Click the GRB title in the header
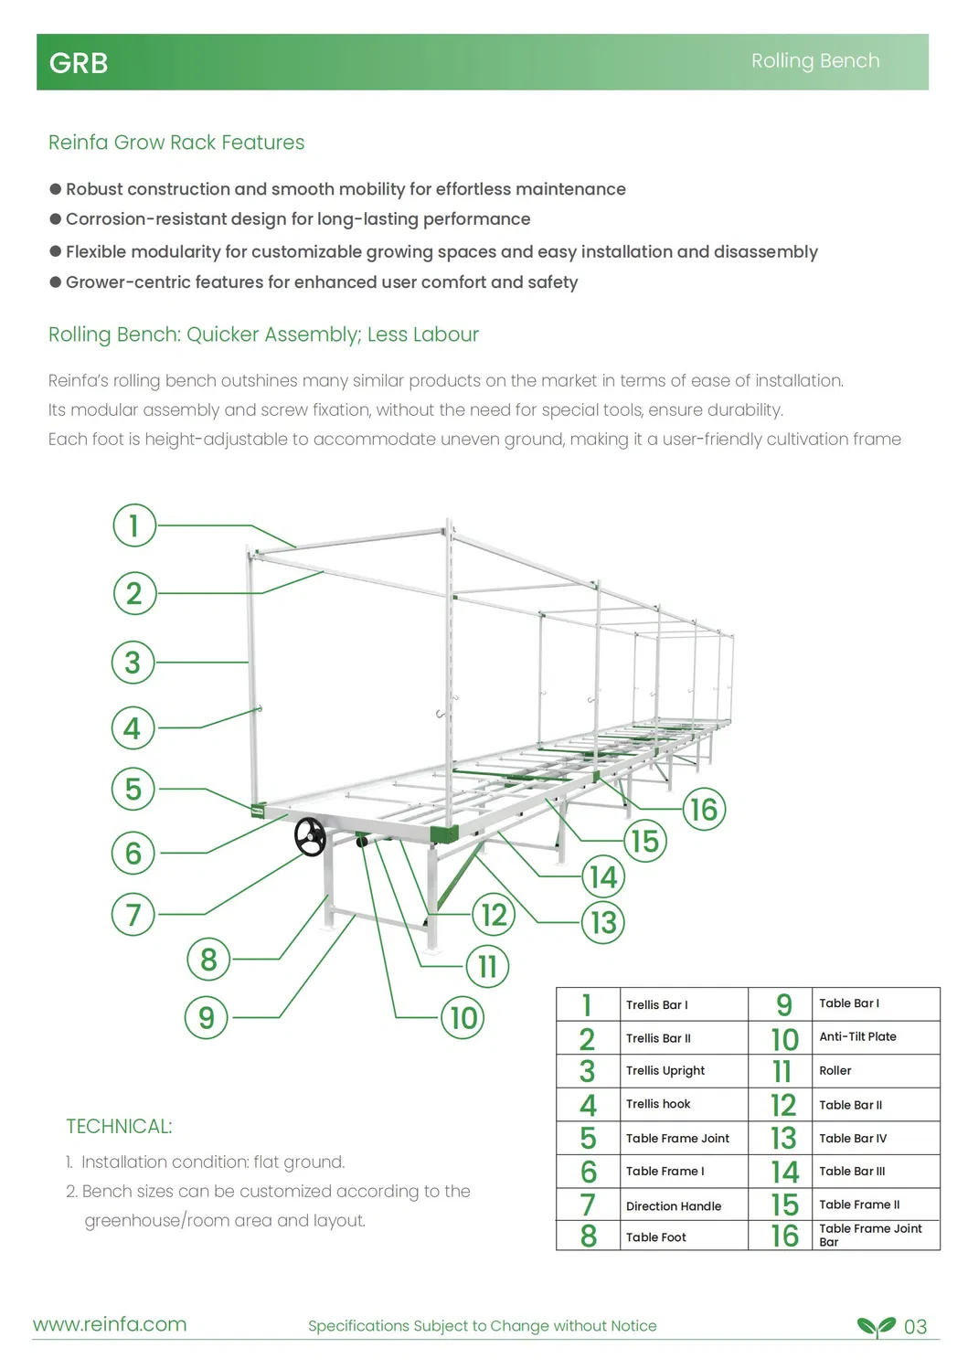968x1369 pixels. pyautogui.click(x=79, y=63)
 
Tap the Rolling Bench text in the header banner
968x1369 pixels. pyautogui.click(x=814, y=60)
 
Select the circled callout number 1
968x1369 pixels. pyautogui.click(x=134, y=525)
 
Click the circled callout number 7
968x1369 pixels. pyautogui.click(x=133, y=914)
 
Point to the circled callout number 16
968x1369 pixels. pyautogui.click(x=704, y=810)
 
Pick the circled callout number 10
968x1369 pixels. pyautogui.click(x=463, y=1017)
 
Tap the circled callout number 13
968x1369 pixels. pyautogui.click(x=603, y=922)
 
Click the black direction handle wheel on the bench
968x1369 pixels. pyautogui.click(x=310, y=836)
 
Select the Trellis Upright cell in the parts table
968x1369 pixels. pyautogui.click(x=665, y=1070)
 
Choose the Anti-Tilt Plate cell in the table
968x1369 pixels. pyautogui.click(x=857, y=1036)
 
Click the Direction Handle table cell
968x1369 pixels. pyautogui.click(x=674, y=1205)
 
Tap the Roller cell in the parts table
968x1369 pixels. pyautogui.click(x=835, y=1070)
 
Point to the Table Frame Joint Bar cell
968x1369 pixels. pyautogui.click(x=870, y=1235)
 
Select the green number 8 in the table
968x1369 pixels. pyautogui.click(x=589, y=1236)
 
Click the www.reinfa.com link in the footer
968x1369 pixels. pyautogui.click(x=110, y=1324)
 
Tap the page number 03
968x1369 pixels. pyautogui.click(x=915, y=1326)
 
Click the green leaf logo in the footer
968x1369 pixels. pyautogui.click(x=876, y=1326)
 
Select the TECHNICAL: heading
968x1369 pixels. pyautogui.click(x=119, y=1126)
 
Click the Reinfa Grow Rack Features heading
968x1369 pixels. pyautogui.click(x=176, y=143)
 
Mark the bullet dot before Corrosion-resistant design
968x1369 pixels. pyautogui.click(x=56, y=219)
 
